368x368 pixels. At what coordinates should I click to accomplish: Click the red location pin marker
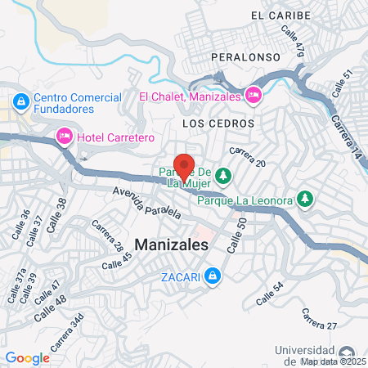click(185, 166)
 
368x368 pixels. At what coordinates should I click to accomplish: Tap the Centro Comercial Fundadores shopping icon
click(19, 103)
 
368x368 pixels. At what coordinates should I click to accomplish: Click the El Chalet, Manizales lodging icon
click(254, 95)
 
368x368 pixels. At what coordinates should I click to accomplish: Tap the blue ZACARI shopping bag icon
click(213, 276)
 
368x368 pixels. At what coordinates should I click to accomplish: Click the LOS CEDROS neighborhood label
click(218, 123)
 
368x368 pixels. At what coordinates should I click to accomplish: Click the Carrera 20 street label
click(248, 157)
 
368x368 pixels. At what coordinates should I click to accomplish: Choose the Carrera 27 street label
click(319, 320)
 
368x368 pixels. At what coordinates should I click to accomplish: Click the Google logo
click(27, 357)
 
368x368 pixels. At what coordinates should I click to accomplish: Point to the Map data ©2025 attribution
click(333, 361)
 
